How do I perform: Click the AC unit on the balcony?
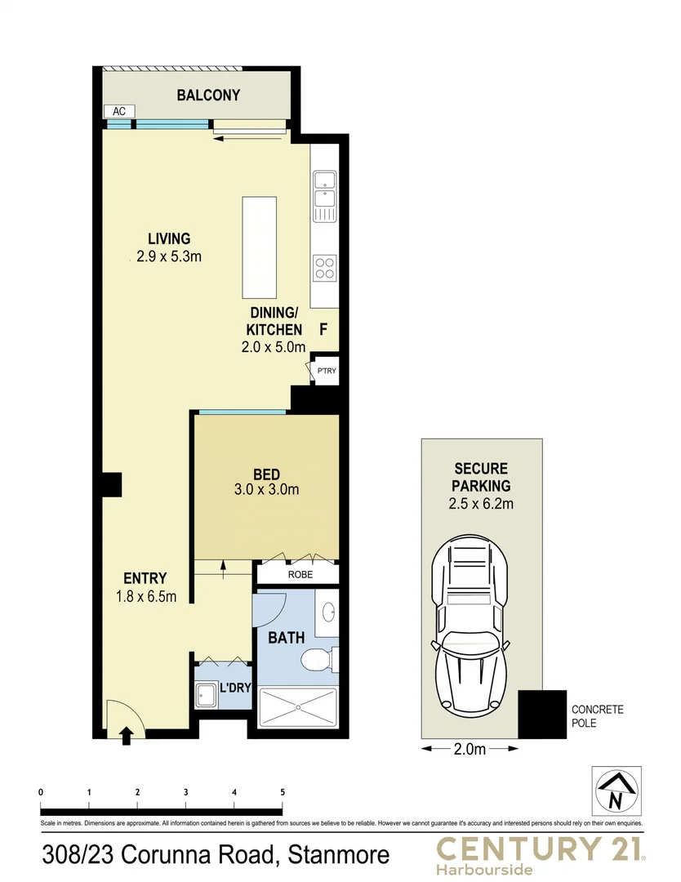(x=118, y=111)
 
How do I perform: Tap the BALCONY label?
(x=208, y=95)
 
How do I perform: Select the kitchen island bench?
(x=260, y=249)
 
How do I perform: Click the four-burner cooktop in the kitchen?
(x=325, y=267)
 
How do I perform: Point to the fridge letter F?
(x=323, y=331)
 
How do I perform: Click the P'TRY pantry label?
(x=326, y=372)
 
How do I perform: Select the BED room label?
(x=266, y=474)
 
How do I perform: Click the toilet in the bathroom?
(x=316, y=658)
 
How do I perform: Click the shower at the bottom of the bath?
(x=297, y=707)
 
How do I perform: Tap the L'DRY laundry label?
(x=234, y=688)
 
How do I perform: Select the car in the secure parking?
(x=473, y=624)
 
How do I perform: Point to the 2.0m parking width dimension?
(x=470, y=748)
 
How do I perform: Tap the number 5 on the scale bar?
(x=283, y=792)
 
